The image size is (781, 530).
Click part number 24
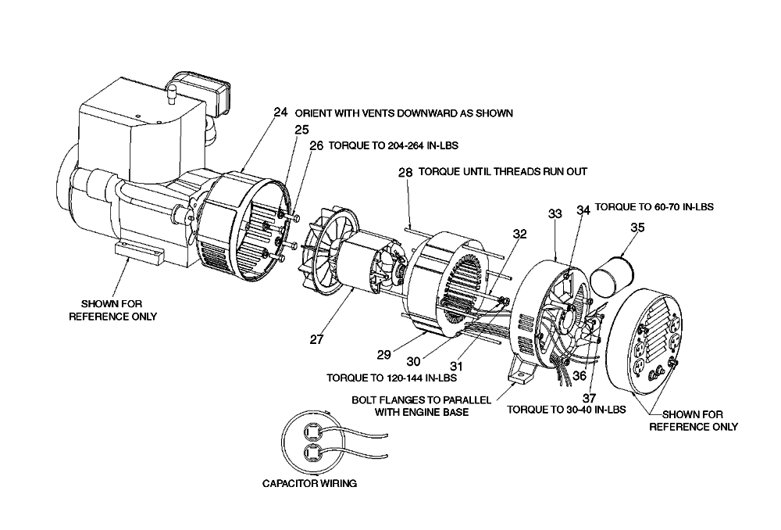pos(281,113)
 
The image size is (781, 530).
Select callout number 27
pos(317,339)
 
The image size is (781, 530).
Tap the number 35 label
pos(637,227)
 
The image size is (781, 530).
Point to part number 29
pos(383,355)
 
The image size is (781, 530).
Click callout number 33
pos(555,214)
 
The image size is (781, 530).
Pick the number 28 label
pos(405,173)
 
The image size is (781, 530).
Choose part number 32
pos(519,234)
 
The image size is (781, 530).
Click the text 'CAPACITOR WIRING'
pos(309,483)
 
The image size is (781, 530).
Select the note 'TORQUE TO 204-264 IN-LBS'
pos(394,145)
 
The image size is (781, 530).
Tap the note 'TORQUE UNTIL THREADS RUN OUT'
pos(503,171)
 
